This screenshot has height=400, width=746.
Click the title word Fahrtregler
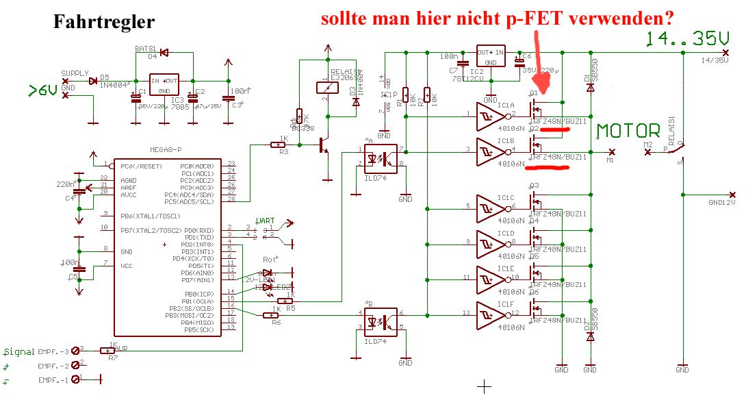click(x=104, y=22)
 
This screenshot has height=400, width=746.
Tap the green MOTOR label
click(x=628, y=131)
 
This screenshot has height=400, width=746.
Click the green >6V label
click(x=43, y=90)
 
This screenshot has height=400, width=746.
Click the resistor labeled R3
click(x=279, y=144)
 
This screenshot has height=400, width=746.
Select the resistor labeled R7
click(x=108, y=350)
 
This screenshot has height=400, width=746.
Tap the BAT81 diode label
click(x=144, y=49)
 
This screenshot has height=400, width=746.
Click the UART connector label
click(x=265, y=221)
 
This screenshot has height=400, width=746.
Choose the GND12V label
click(x=721, y=202)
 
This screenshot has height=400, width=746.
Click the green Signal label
click(x=19, y=351)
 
